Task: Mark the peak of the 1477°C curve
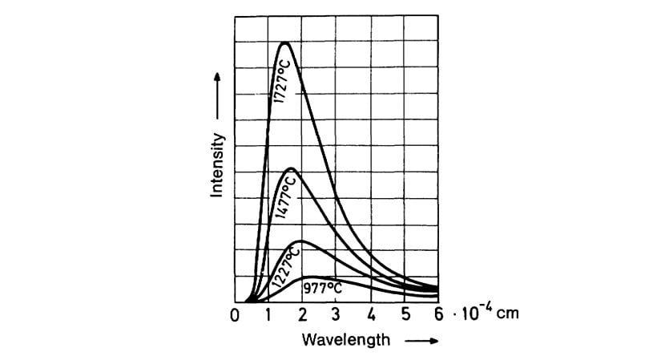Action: [292, 168]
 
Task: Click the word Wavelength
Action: [346, 339]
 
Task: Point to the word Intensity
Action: [216, 165]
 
